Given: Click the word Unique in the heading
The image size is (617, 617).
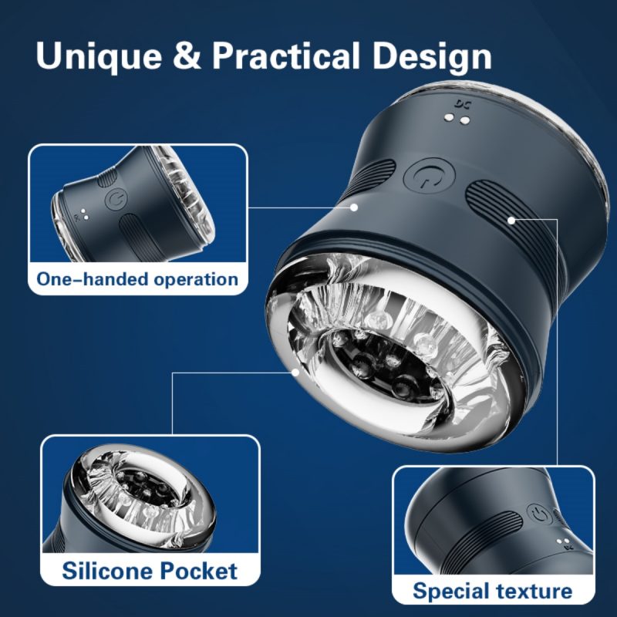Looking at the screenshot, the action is pos(99,56).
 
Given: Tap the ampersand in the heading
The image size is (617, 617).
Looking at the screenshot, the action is pos(187,55).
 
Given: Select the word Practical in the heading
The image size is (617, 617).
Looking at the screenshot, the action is pos(286,56).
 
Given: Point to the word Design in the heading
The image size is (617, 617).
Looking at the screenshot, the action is pos(432,56).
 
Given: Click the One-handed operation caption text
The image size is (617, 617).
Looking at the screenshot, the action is pos(137,279).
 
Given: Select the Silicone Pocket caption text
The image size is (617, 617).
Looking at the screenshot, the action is pos(150,571).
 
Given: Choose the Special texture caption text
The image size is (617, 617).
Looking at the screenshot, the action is pos(493,591).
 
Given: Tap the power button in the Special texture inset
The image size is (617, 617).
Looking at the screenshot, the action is pos(538,514).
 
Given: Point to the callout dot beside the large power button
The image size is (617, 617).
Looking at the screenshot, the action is pos(354,207).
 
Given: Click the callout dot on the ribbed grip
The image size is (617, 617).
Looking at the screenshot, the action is pos(511,221).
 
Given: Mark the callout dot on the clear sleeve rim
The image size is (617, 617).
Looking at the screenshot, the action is pos(295,372).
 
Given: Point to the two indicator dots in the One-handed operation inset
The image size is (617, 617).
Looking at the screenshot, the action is pos(85,214).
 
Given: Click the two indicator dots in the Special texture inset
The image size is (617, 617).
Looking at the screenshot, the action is pos(563,542).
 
